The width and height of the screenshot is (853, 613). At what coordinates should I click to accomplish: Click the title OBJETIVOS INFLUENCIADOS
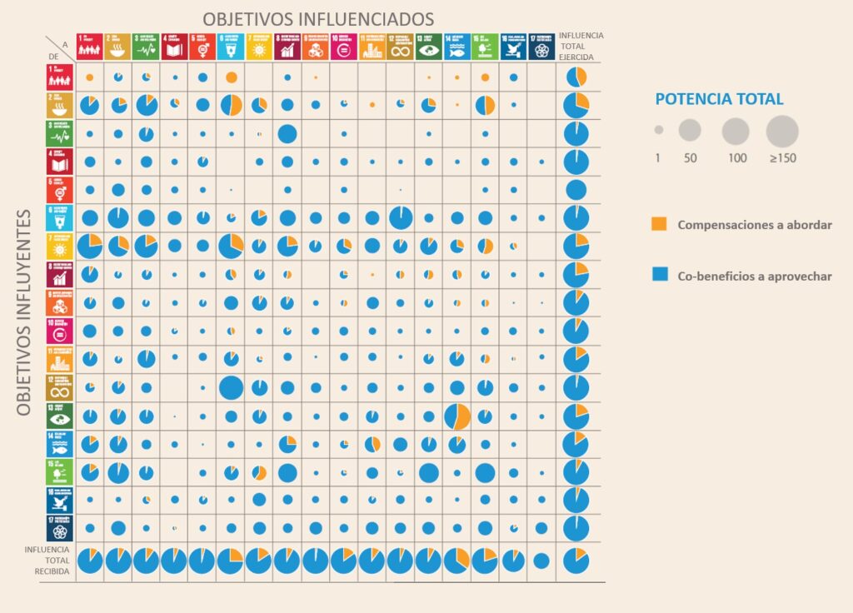pyautogui.click(x=319, y=18)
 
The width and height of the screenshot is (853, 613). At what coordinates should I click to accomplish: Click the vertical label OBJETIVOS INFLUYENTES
pyautogui.click(x=24, y=311)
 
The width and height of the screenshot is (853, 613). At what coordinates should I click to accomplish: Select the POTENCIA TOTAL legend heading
pyautogui.click(x=719, y=99)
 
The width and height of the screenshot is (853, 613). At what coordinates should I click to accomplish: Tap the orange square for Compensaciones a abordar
pyautogui.click(x=659, y=224)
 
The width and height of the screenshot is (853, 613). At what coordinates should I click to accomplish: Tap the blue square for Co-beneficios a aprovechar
pyautogui.click(x=659, y=276)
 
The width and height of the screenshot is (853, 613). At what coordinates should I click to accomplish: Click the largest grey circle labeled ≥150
pyautogui.click(x=782, y=132)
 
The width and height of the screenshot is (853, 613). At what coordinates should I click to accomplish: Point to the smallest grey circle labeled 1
pyautogui.click(x=658, y=131)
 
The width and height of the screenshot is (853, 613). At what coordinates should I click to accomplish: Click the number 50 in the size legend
pyautogui.click(x=690, y=157)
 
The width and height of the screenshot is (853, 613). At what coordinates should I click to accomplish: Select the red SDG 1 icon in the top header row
pyautogui.click(x=89, y=47)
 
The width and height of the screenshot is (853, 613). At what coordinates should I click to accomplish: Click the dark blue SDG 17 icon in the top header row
pyautogui.click(x=541, y=47)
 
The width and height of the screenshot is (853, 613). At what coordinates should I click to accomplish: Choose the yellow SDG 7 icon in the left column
pyautogui.click(x=60, y=247)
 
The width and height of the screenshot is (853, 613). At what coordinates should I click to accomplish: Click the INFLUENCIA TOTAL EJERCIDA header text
pyautogui.click(x=581, y=47)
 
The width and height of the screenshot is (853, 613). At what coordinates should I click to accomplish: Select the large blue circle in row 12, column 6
pyautogui.click(x=231, y=387)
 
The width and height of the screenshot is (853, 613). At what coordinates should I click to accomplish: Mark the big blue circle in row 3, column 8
pyautogui.click(x=287, y=133)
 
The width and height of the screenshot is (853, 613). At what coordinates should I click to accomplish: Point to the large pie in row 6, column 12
pyautogui.click(x=400, y=218)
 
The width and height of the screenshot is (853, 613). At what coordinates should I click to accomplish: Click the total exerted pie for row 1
pyautogui.click(x=576, y=77)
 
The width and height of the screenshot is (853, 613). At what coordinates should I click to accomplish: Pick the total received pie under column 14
pyautogui.click(x=456, y=561)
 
